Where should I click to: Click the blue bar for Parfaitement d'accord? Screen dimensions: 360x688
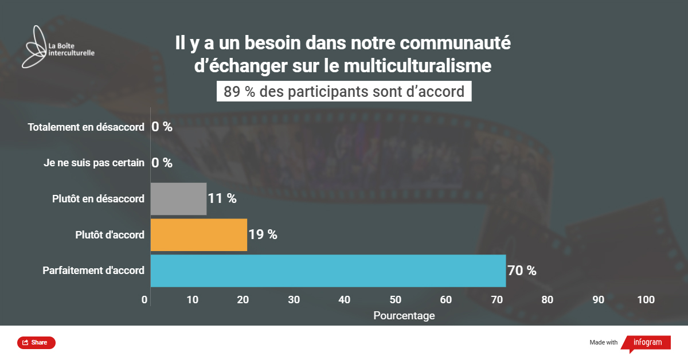coord(328,271)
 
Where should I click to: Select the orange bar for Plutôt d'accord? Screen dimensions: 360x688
coord(198,234)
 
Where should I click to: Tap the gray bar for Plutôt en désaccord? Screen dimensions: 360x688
coord(178,199)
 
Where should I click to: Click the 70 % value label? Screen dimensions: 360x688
coord(522,271)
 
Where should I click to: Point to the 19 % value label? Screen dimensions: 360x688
coord(263,234)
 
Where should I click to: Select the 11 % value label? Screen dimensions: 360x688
coord(222,199)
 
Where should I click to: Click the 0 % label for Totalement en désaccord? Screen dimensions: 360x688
coord(162,127)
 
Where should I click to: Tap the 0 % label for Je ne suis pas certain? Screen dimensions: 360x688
coord(162,163)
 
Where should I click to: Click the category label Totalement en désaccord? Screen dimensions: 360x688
coord(86,127)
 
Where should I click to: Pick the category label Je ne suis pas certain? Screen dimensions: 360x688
coord(94,163)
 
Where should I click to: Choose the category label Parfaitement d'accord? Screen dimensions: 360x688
coord(93,271)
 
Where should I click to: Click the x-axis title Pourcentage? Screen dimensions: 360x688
coord(404,316)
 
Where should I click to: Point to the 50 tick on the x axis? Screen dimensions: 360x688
coord(395,300)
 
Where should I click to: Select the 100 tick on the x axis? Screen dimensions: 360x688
coord(646,300)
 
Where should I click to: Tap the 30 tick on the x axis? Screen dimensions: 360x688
coord(294,300)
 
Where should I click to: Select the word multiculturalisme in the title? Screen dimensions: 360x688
coord(417,66)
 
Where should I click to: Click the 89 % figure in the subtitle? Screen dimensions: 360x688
coord(240,92)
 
